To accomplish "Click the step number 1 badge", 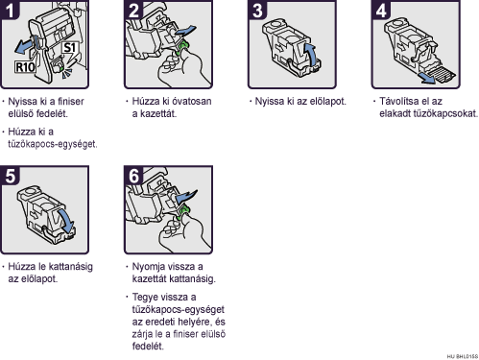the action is pyautogui.click(x=10, y=10).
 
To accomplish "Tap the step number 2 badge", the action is pyautogui.click(x=133, y=10).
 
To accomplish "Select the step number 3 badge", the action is pyautogui.click(x=257, y=10).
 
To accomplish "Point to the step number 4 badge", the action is pyautogui.click(x=381, y=10).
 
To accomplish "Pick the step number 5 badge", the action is pyautogui.click(x=10, y=176).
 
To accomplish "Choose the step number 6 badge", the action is pyautogui.click(x=133, y=176).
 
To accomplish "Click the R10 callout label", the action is pyautogui.click(x=25, y=67).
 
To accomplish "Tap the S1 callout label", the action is pyautogui.click(x=69, y=48).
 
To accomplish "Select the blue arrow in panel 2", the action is pyautogui.click(x=185, y=31).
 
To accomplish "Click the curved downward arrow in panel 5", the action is pyautogui.click(x=66, y=222).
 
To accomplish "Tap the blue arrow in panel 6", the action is pyautogui.click(x=186, y=196).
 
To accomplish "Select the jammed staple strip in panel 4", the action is pyautogui.click(x=443, y=74).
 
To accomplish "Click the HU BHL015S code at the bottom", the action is pyautogui.click(x=463, y=356).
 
